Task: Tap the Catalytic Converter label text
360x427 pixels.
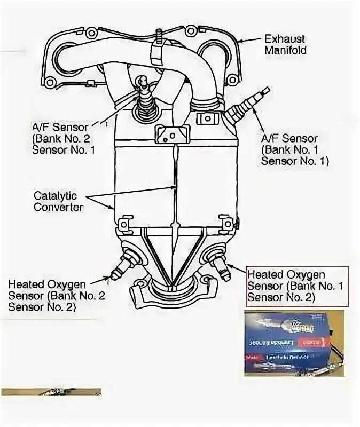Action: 58,201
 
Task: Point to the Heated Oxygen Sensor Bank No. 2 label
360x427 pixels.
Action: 53,294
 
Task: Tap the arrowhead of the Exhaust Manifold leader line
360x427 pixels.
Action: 241,41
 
